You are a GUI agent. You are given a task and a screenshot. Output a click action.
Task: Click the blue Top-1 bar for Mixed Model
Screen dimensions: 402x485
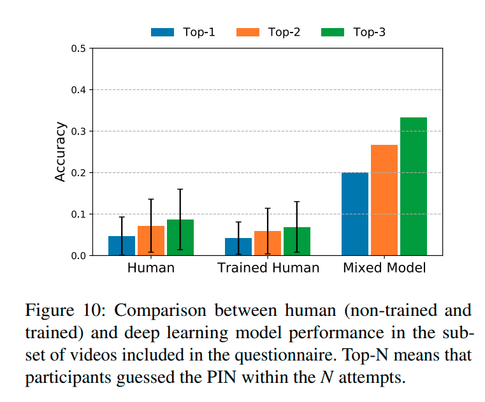[x=355, y=214]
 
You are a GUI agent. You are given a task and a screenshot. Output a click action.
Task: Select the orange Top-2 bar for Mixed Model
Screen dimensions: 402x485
[x=384, y=200]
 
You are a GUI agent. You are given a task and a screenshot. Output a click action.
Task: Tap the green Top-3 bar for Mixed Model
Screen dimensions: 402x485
[x=414, y=186]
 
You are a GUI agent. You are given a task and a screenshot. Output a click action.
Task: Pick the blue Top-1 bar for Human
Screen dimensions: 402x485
[x=122, y=246]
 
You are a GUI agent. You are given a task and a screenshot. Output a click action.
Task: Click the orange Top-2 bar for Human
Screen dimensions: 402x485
[x=151, y=241]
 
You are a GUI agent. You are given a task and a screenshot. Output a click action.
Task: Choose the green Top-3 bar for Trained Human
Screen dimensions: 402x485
[x=297, y=242]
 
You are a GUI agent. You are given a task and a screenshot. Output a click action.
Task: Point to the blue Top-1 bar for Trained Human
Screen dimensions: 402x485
[x=238, y=247]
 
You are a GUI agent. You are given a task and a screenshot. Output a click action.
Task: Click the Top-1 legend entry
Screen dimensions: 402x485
[x=183, y=32]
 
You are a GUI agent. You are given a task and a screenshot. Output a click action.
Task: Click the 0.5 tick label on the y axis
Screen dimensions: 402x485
[x=79, y=48]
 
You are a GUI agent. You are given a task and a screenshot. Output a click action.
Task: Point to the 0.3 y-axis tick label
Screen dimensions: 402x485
[x=79, y=131]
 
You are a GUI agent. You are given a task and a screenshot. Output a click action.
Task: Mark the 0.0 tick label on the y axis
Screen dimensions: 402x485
[x=79, y=256]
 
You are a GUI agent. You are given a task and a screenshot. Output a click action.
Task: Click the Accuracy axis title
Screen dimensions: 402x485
[x=61, y=152]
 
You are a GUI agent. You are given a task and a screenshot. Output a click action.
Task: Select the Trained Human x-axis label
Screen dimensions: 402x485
[x=268, y=268]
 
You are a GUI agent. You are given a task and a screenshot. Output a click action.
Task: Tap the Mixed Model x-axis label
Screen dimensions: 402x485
[x=384, y=268]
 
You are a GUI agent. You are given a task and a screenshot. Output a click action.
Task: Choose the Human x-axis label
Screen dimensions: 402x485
[x=151, y=268]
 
